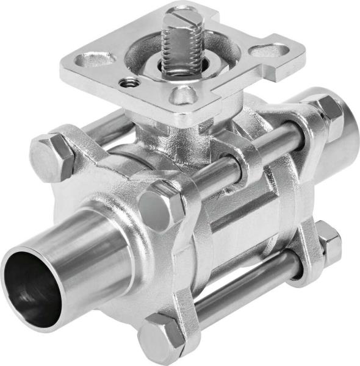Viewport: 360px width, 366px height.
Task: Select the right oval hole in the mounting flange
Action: click(271, 51)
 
